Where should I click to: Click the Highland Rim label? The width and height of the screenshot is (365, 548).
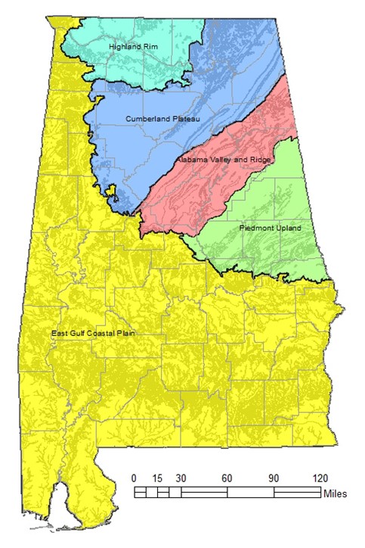[131, 47]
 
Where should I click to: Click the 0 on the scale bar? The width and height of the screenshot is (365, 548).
[135, 478]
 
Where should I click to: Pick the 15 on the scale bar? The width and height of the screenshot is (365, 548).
[157, 478]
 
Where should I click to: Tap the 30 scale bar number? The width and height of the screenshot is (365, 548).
[181, 478]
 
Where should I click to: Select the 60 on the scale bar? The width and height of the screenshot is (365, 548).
[227, 478]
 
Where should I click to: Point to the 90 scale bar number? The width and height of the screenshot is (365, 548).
[274, 478]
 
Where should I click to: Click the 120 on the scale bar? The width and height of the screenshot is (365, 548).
[320, 478]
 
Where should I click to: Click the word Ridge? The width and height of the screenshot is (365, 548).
[246, 161]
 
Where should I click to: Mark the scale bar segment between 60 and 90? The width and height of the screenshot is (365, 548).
[250, 492]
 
